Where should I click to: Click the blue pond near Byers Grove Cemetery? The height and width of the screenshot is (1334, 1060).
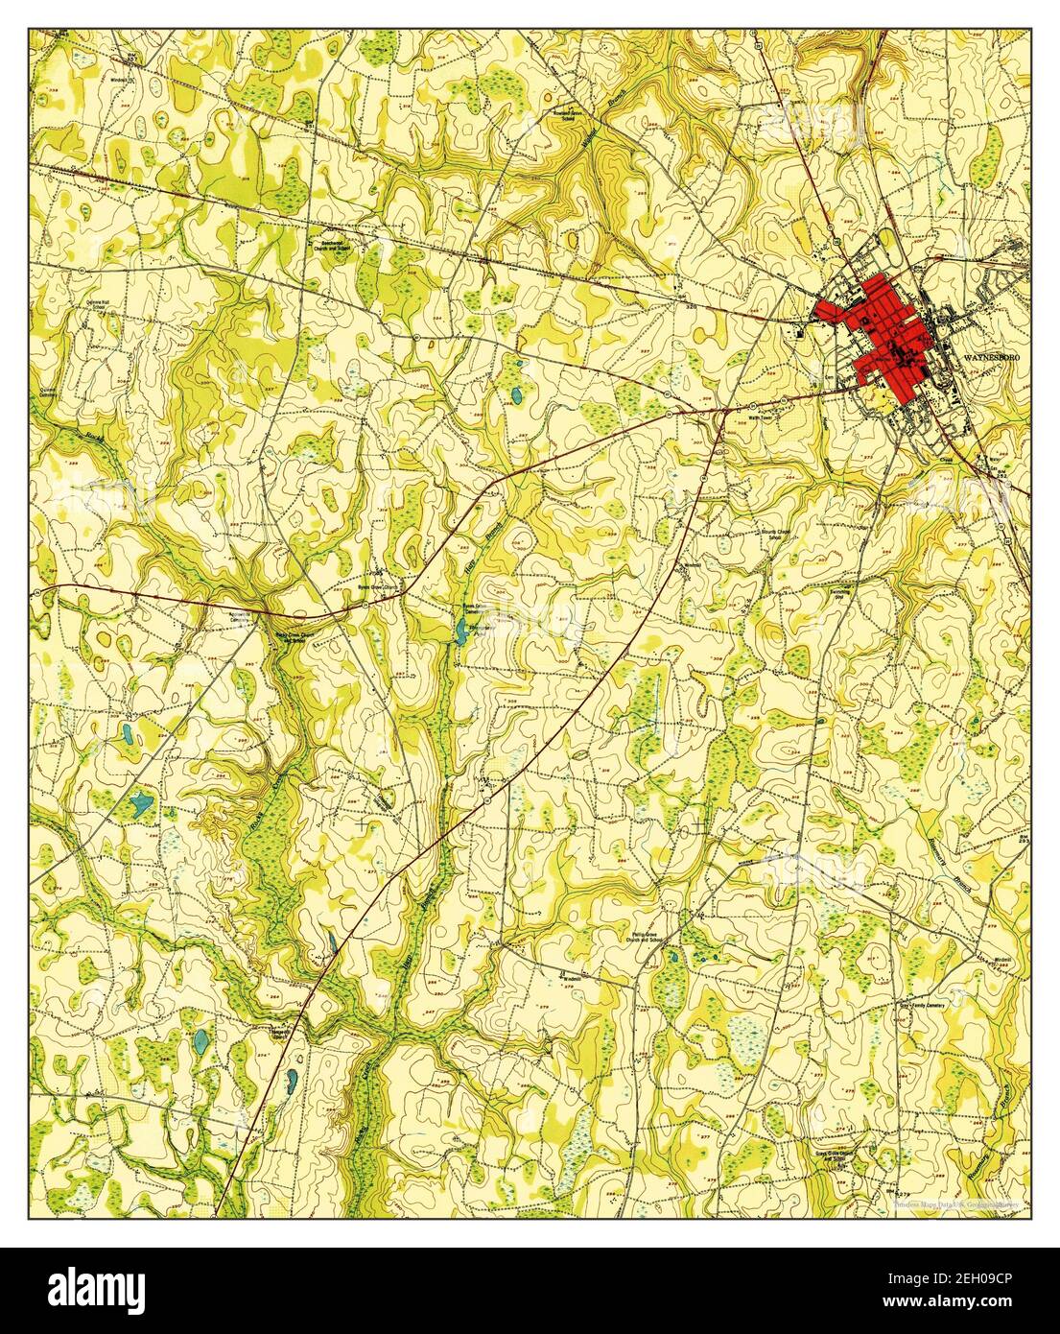[463, 630]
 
